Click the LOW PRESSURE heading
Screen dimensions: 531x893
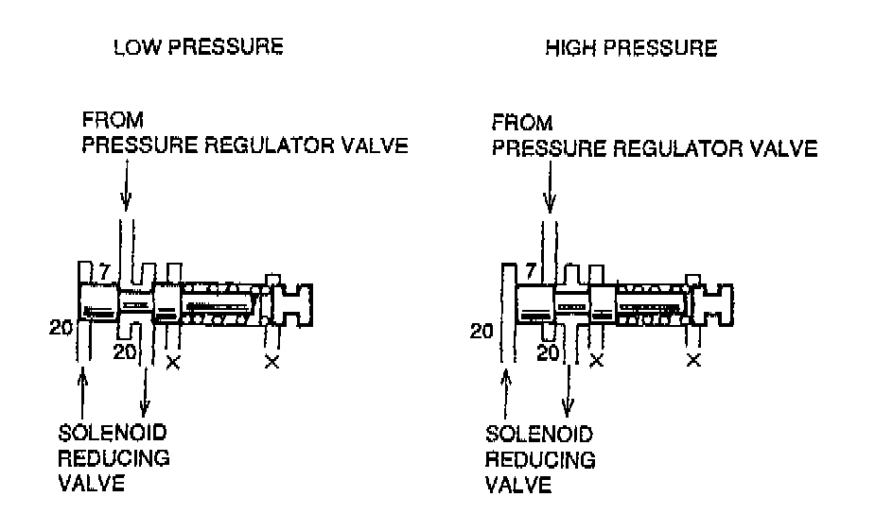pos(198,48)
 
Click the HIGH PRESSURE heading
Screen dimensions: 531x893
pos(631,48)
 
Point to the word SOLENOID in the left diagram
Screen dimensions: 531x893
pos(114,434)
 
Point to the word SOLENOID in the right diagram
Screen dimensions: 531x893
pos(539,434)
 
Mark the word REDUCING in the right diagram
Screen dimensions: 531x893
pos(540,460)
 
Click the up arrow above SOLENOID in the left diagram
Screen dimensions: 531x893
pos(84,392)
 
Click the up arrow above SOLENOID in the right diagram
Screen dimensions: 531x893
pos(507,392)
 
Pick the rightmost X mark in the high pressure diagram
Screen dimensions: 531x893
pos(693,360)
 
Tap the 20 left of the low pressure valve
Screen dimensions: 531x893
pos(61,328)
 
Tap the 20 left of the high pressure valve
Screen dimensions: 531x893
pos(482,330)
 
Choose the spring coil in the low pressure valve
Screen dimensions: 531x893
pos(222,303)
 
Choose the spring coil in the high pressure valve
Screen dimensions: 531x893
pos(650,305)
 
